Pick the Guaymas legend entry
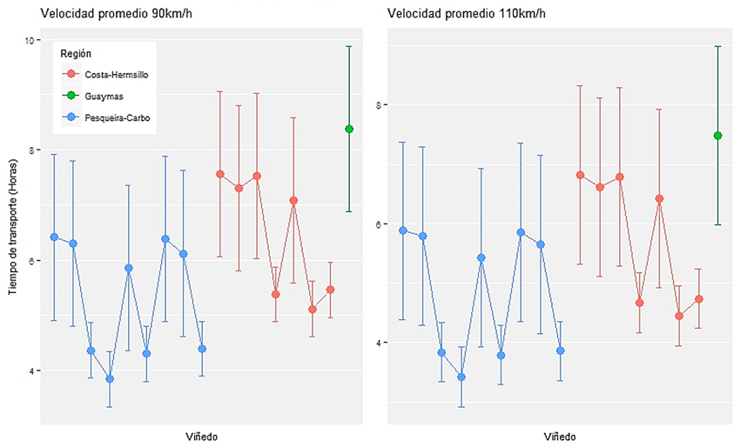[x=104, y=97]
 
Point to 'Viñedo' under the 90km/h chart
[x=201, y=435]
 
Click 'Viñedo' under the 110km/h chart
[x=559, y=436]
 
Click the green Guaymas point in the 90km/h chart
[x=349, y=129]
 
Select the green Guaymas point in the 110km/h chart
[x=717, y=136]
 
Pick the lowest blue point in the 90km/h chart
[x=110, y=378]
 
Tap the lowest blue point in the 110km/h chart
[x=461, y=377]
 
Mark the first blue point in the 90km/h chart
[x=54, y=237]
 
